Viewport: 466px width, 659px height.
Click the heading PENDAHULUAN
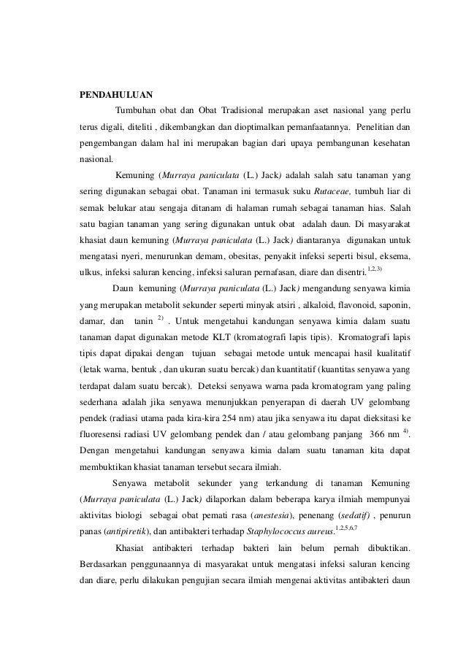point(112,94)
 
